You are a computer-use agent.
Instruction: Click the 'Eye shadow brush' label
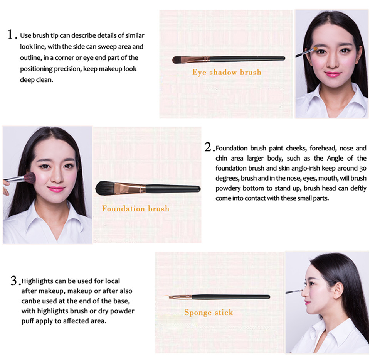pyautogui.click(x=227, y=72)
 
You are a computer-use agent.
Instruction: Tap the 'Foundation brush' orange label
pyautogui.click(x=135, y=209)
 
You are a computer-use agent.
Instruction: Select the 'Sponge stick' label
pyautogui.click(x=209, y=313)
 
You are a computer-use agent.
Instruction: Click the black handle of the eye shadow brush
pyautogui.click(x=247, y=59)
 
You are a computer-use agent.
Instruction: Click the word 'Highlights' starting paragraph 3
pyautogui.click(x=37, y=281)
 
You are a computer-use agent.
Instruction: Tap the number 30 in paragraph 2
pyautogui.click(x=363, y=169)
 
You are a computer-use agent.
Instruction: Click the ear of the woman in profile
pyautogui.click(x=338, y=291)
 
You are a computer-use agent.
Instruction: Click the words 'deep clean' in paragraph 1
pyautogui.click(x=36, y=80)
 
